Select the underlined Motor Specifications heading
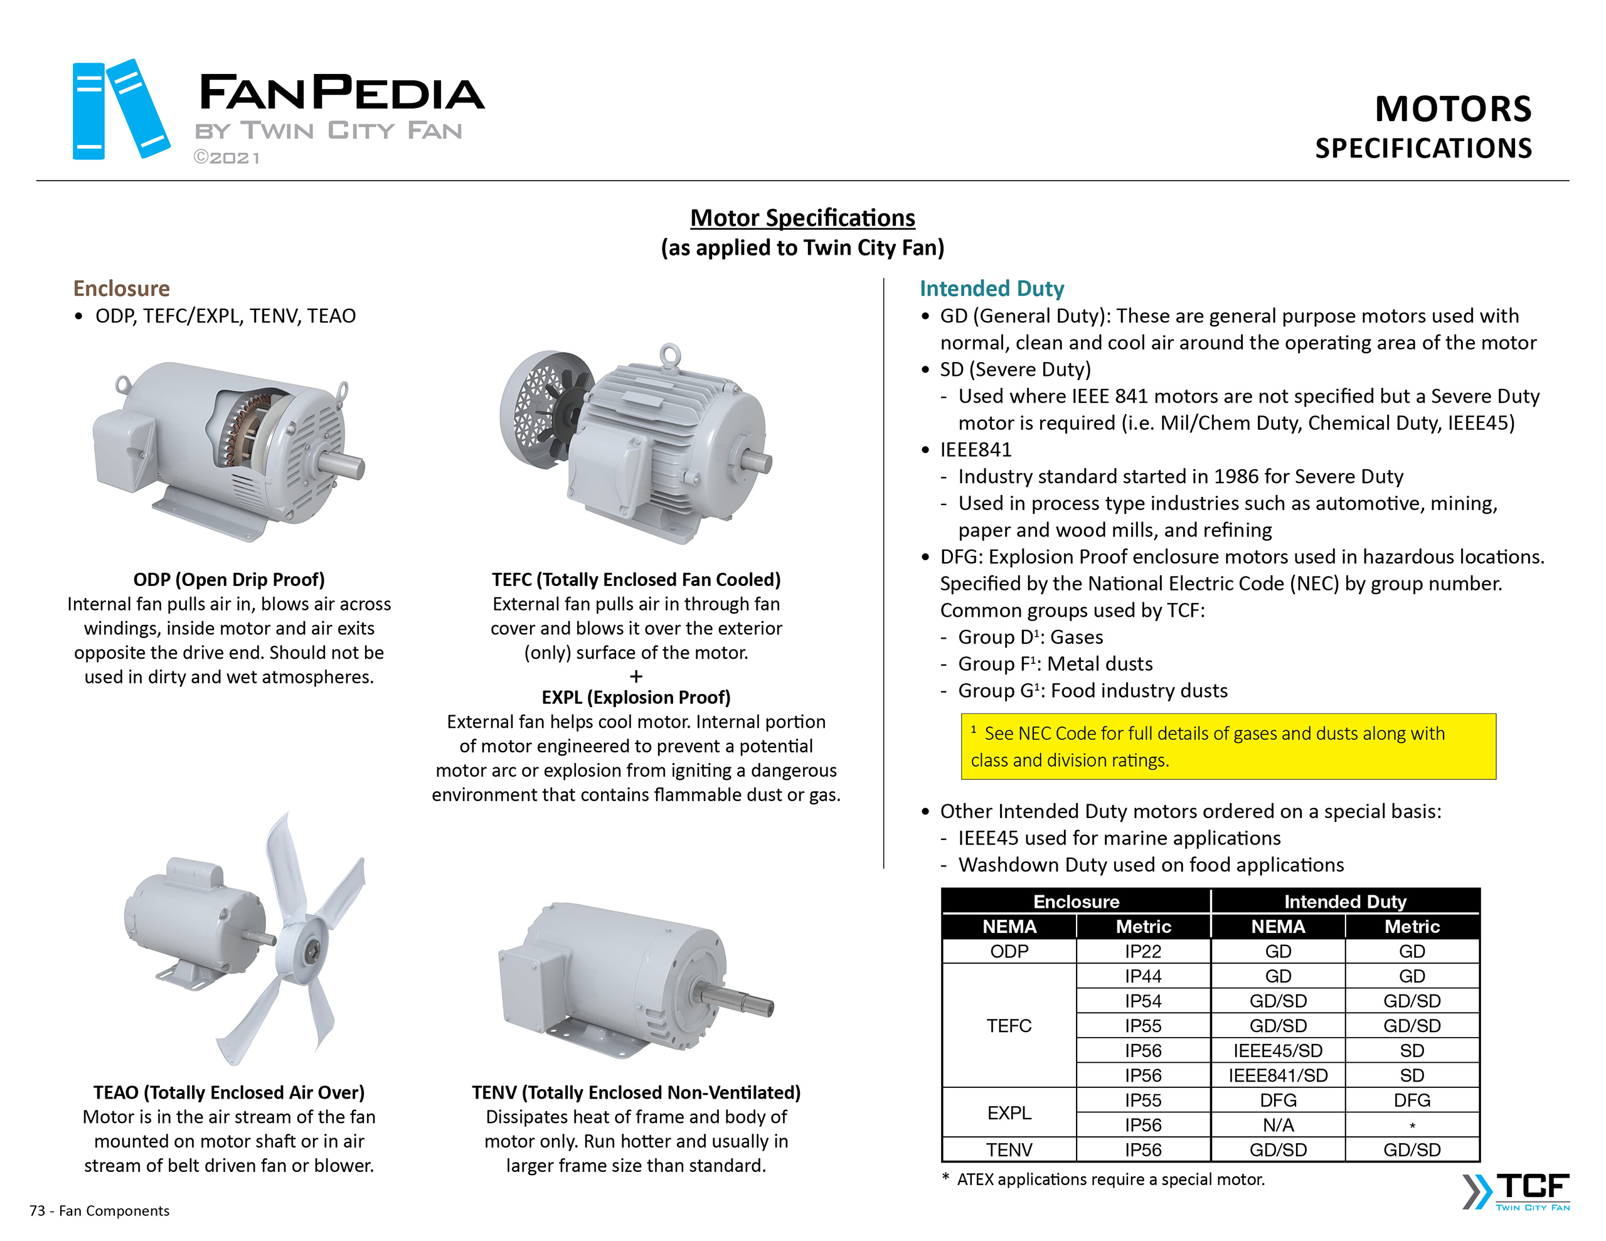[x=802, y=218]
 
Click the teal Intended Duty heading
[x=991, y=289]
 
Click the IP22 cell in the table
[x=1143, y=951]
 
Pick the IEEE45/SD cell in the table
[x=1277, y=1050]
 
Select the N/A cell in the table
[x=1277, y=1125]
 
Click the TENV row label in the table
[x=1009, y=1150]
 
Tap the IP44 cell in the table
[x=1143, y=976]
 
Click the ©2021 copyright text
[x=226, y=157]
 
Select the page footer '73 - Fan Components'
[x=99, y=1210]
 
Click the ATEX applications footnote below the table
[x=1103, y=1180]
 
